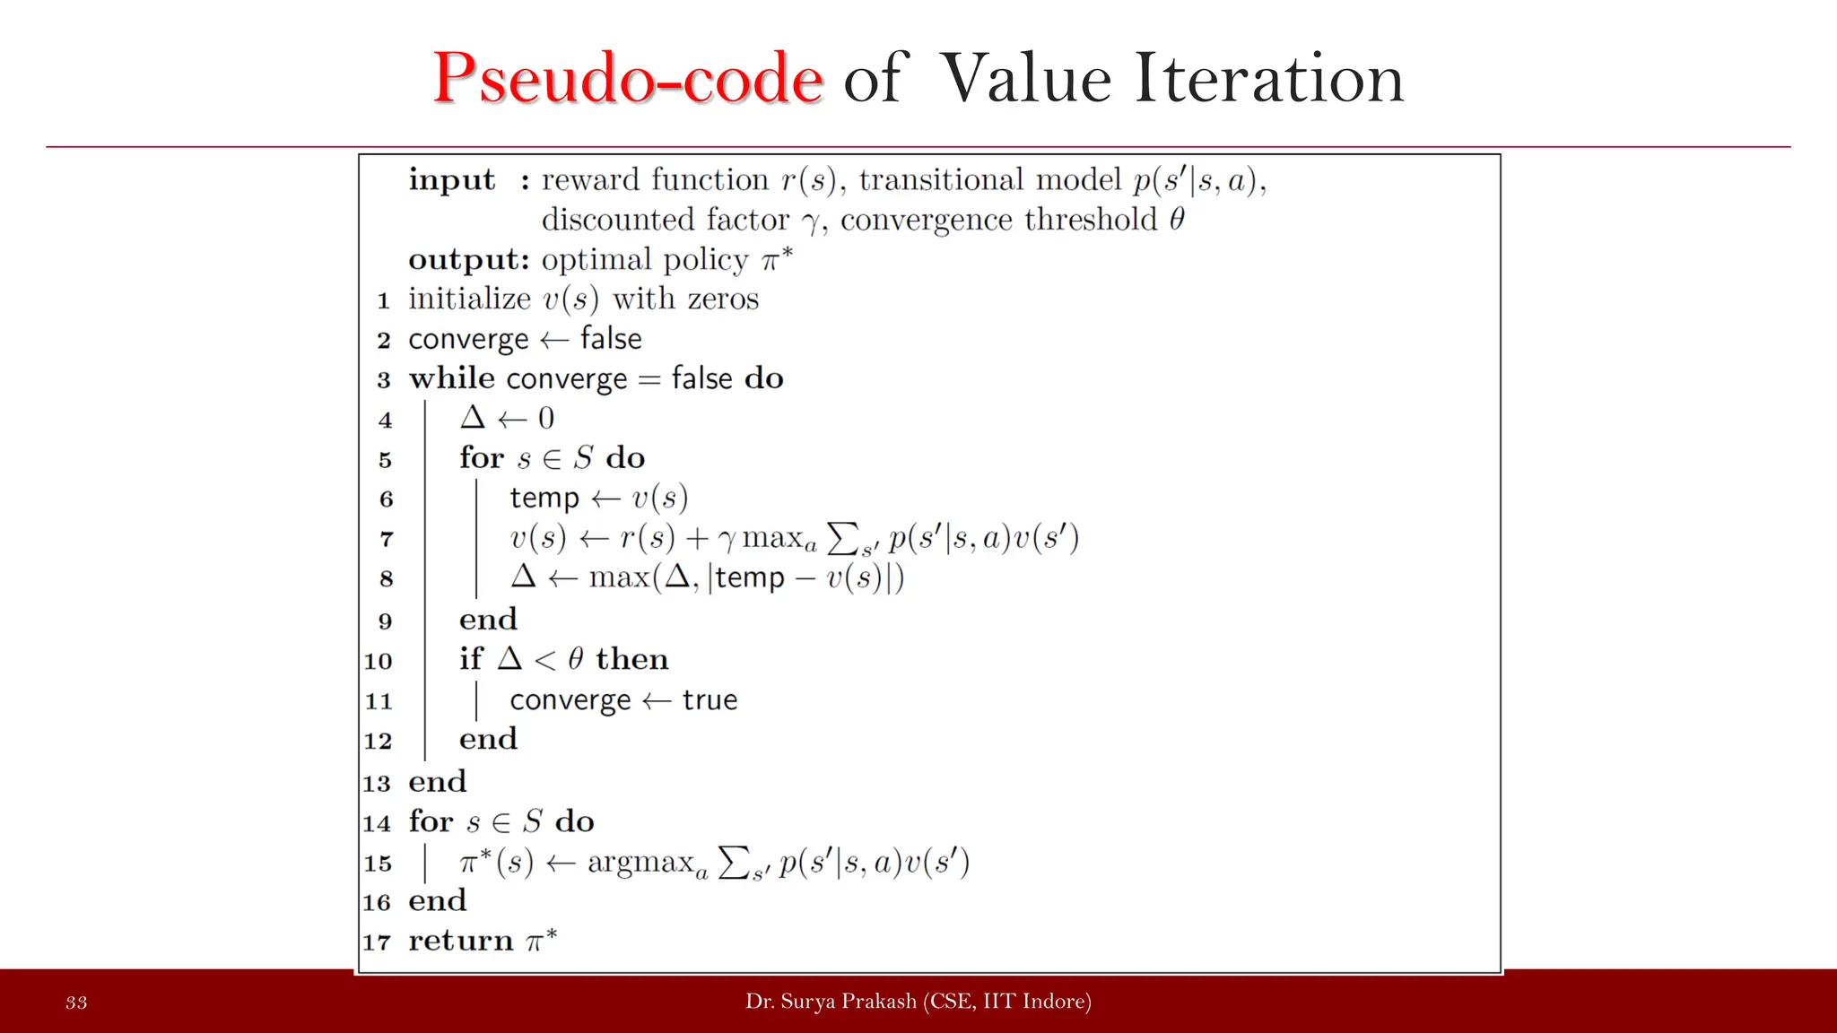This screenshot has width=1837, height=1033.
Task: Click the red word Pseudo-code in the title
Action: click(627, 79)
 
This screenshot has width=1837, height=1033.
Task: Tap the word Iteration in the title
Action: click(1268, 79)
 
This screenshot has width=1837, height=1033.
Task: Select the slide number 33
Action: click(76, 1003)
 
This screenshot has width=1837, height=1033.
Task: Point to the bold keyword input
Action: click(451, 180)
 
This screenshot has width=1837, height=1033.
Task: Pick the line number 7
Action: click(387, 539)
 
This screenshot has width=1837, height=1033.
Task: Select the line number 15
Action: click(378, 864)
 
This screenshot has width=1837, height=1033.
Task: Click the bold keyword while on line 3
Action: click(451, 378)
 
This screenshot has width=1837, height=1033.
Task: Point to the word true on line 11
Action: click(710, 699)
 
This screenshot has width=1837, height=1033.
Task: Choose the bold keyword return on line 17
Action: click(461, 941)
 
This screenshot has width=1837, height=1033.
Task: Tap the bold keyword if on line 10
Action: click(471, 659)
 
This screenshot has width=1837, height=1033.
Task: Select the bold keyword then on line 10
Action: click(631, 659)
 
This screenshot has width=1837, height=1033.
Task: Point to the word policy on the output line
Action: click(706, 260)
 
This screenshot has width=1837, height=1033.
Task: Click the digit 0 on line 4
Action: click(545, 419)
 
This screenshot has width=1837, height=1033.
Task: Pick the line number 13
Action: click(377, 783)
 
